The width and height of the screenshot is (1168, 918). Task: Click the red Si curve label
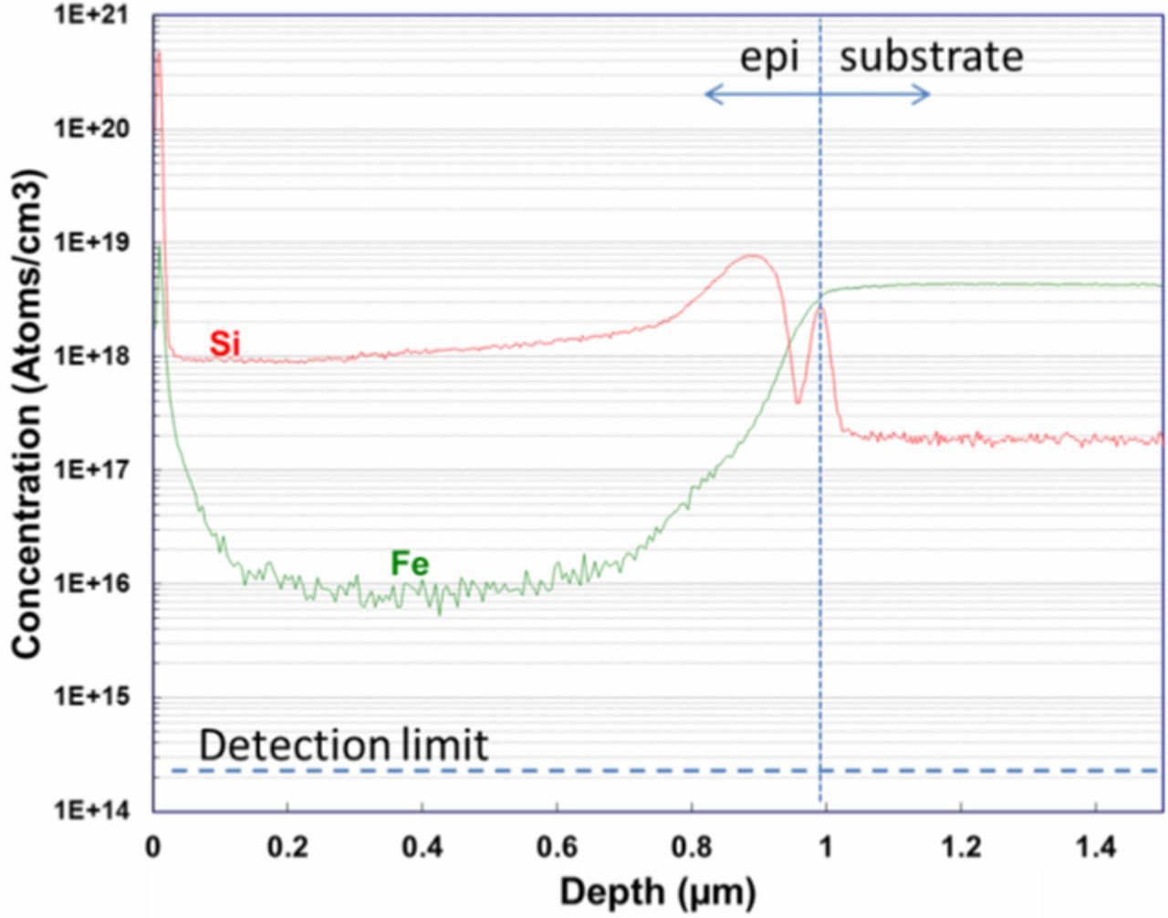224,344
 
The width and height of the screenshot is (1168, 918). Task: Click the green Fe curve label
409,564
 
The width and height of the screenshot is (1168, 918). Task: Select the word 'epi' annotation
768,57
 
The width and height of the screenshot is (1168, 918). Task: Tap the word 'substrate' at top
931,57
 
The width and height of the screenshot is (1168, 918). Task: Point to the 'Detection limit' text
343,746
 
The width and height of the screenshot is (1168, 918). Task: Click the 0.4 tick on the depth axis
422,848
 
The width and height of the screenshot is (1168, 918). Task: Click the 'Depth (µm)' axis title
657,892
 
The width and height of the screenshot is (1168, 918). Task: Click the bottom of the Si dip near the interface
798,401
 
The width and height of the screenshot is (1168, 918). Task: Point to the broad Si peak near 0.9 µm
754,256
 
